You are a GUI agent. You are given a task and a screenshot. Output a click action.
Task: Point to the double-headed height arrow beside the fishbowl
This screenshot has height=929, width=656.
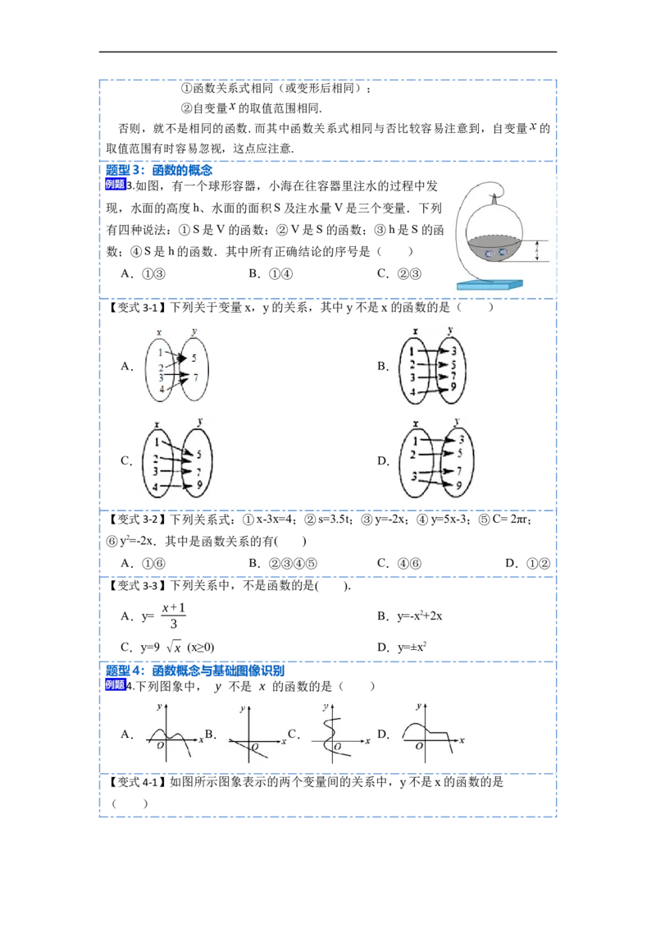[537, 251]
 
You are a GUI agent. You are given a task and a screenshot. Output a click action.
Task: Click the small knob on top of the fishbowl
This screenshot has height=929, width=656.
[494, 198]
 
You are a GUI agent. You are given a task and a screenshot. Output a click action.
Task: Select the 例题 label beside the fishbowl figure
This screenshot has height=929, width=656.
[116, 185]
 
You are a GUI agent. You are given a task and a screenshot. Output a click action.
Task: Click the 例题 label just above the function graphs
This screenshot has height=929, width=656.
[116, 684]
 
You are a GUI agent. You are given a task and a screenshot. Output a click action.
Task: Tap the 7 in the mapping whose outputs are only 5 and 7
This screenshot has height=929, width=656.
[194, 377]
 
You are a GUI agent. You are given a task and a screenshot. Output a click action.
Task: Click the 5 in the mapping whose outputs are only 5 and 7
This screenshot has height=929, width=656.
[194, 359]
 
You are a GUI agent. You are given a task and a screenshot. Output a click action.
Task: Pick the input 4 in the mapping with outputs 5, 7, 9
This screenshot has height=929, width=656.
[156, 488]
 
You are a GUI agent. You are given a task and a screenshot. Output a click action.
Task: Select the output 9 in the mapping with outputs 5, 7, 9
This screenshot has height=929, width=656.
[198, 486]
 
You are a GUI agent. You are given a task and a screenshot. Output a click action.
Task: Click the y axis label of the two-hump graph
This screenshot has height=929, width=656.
[157, 707]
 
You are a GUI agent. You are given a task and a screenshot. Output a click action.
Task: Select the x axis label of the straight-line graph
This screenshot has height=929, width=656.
[284, 741]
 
